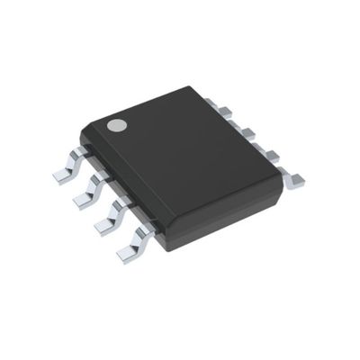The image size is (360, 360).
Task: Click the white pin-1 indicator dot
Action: point(116,124)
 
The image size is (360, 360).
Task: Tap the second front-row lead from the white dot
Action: point(88,190)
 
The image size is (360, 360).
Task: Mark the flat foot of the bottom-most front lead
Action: point(126,255)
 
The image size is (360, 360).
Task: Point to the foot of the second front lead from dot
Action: point(79,201)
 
